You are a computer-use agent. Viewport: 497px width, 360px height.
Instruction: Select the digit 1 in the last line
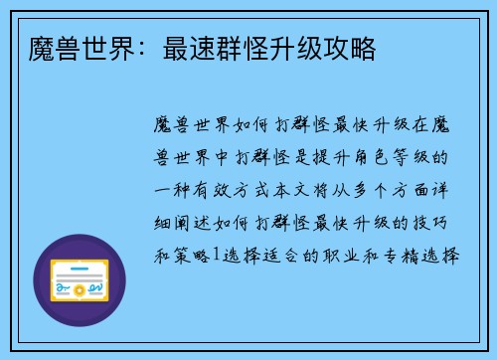217,254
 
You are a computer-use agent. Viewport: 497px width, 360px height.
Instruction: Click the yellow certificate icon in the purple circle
81,282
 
